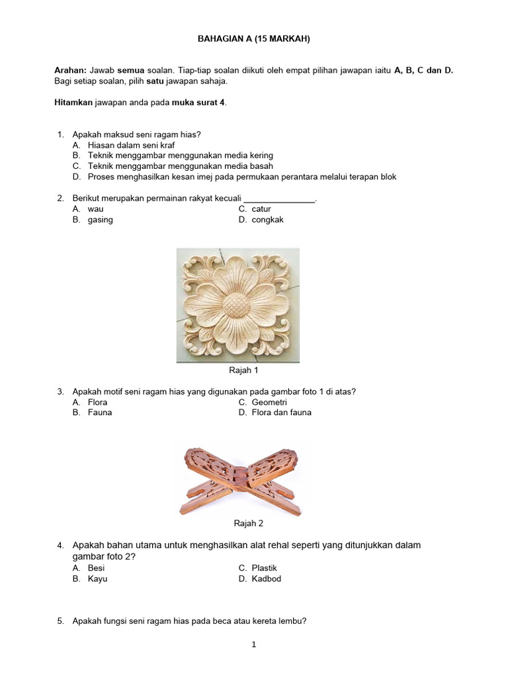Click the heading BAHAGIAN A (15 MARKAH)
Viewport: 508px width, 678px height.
coord(254,39)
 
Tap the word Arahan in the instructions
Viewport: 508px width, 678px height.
coord(69,70)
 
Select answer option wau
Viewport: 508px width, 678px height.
coord(96,209)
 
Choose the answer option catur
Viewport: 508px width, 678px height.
coord(261,209)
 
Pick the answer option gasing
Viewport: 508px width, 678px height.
coord(101,220)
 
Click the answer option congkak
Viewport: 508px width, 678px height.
coord(267,220)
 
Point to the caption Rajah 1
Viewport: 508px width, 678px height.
coord(243,371)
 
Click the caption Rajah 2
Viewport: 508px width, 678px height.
coord(249,523)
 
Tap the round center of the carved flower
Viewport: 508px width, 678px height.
coord(237,305)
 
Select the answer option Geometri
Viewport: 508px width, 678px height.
coord(269,402)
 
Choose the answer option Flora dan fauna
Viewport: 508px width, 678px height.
coord(281,412)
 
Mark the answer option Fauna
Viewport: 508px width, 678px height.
coord(100,412)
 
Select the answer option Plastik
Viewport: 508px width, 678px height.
coord(264,568)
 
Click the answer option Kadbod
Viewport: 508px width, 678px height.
coord(266,579)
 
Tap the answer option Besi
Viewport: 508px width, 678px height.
coord(97,568)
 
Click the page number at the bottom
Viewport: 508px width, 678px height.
coord(253,644)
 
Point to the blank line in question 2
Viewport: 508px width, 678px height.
coord(280,199)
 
